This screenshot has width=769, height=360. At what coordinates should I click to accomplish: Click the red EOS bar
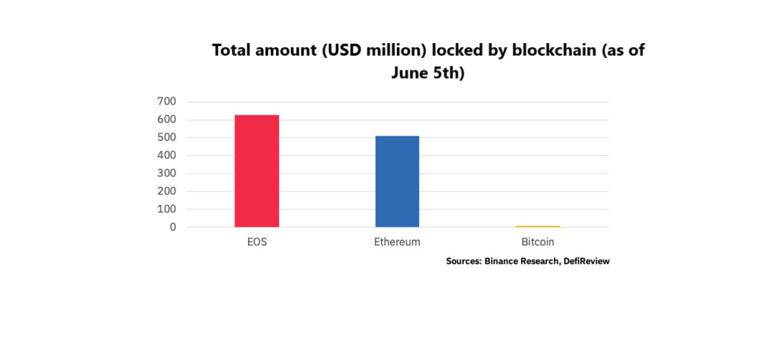coord(257,171)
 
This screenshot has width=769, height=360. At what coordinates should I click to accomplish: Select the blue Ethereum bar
coord(397,181)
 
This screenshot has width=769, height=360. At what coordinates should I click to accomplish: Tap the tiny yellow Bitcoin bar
coord(538,226)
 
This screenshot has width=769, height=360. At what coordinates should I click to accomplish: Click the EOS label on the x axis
coord(257,242)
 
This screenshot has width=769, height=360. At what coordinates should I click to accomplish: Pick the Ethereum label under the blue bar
coord(397,242)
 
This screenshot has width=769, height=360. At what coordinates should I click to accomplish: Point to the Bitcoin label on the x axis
coord(538,242)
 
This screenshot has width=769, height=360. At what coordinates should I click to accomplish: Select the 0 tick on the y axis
coord(172,227)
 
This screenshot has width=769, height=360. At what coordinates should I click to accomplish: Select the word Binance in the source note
coord(503,261)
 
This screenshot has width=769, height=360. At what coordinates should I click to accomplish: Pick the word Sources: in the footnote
coord(465,261)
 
